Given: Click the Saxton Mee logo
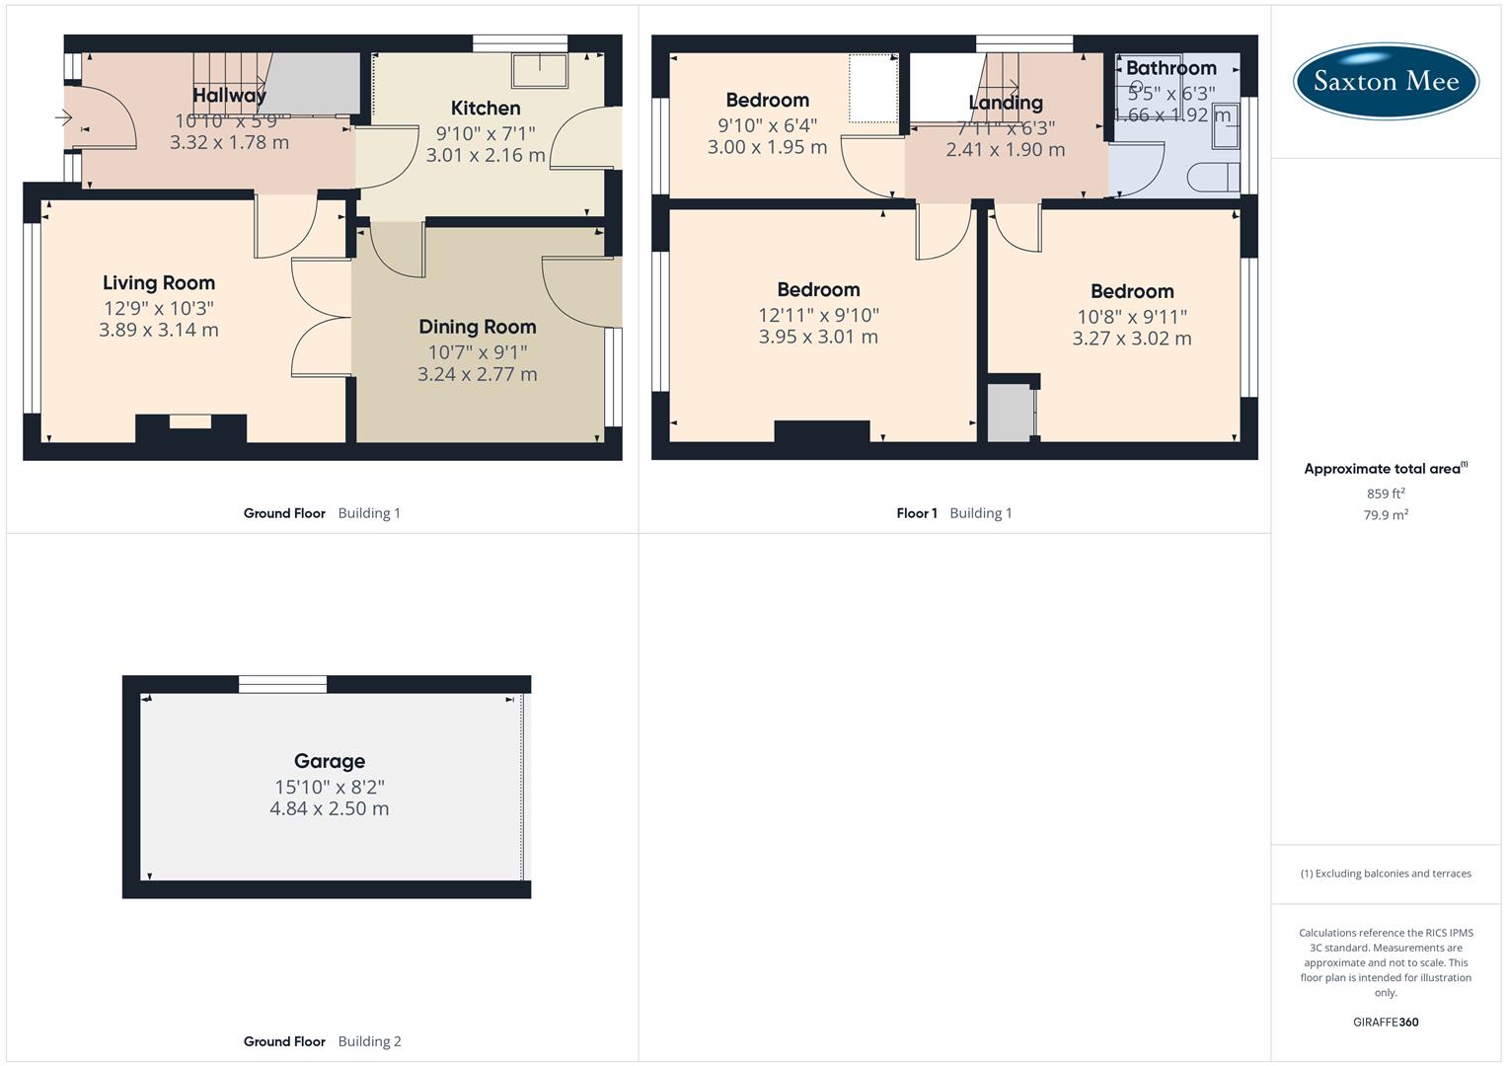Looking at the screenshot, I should coord(1386,81).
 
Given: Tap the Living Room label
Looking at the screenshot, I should coord(159,283).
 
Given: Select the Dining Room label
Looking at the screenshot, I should coord(477,327).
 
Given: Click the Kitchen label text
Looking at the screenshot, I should coord(485,109).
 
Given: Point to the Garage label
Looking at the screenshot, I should coord(330,761).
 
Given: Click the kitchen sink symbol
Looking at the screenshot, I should coord(539,71).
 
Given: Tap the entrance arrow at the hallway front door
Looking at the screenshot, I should coord(64,118).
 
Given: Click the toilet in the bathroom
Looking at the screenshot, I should coord(1214,178).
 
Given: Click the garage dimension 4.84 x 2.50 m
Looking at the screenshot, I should coord(330,808).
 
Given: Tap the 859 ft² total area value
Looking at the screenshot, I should coord(1386,494).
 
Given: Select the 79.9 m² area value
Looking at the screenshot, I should coord(1386,514).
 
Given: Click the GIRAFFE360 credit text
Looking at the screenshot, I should coord(1386,1022).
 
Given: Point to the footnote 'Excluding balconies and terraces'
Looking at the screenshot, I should coord(1386,874).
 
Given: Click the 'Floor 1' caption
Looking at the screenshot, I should coord(917,513).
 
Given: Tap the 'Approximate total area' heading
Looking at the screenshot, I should coord(1384,469).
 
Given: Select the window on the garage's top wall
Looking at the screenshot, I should coord(283,684).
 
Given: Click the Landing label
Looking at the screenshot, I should coord(1005,103).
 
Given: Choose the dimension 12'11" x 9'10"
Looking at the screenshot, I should coord(818,315).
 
